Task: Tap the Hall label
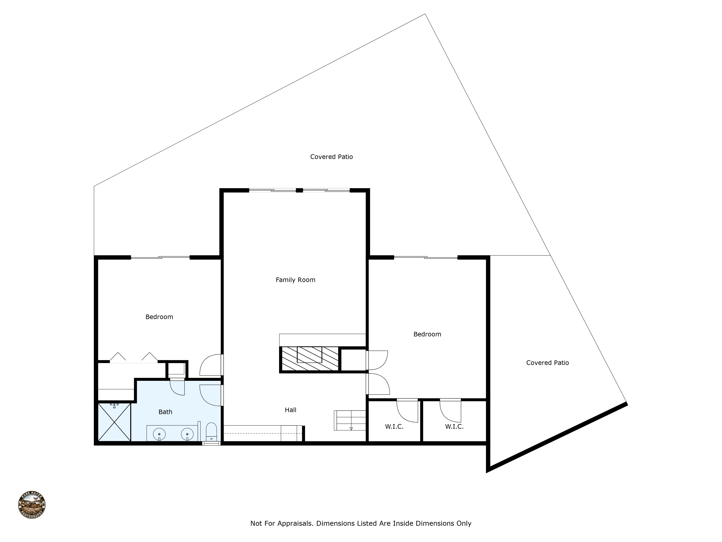(x=290, y=410)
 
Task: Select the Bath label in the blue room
(x=165, y=412)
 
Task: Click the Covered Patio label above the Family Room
(x=331, y=157)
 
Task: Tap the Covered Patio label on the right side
(x=547, y=363)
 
